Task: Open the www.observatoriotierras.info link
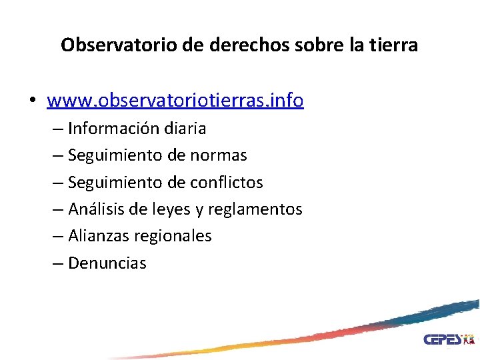point(175,101)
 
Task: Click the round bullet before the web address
point(32,101)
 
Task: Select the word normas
point(219,155)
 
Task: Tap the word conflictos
point(227,182)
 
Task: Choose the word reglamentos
point(255,209)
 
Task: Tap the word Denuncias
point(107,263)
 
